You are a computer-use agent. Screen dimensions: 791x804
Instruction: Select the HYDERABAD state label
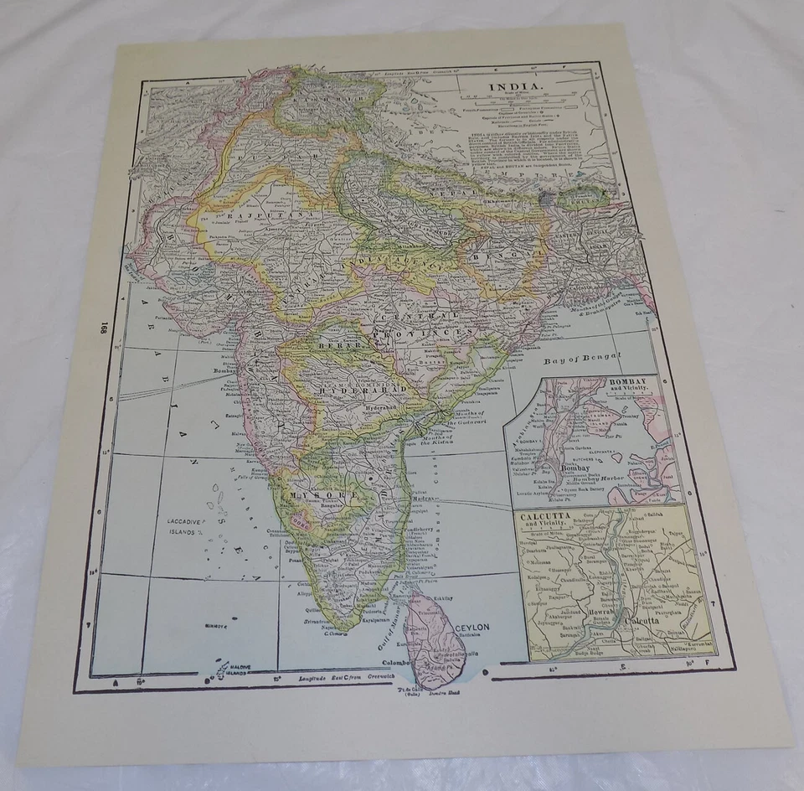[x=360, y=390]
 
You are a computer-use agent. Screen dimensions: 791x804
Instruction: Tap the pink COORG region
[x=301, y=521]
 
